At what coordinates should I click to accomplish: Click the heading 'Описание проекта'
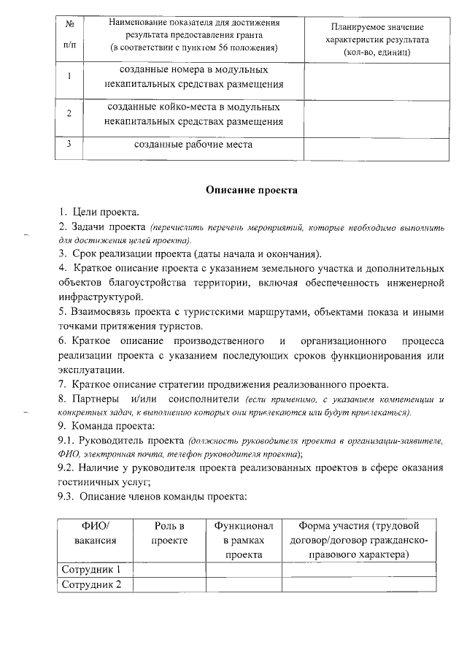(251, 190)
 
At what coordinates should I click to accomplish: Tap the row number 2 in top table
(69, 114)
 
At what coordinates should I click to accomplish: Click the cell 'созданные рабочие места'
(193, 145)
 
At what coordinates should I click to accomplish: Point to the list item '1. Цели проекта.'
(99, 213)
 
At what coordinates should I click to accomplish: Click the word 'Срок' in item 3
(85, 254)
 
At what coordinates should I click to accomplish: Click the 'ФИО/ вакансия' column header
(95, 540)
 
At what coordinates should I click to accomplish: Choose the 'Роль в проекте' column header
(169, 532)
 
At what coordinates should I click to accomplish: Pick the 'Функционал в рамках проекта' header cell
(243, 540)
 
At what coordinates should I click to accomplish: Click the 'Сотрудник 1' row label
(91, 570)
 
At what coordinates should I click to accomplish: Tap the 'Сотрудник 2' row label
(91, 584)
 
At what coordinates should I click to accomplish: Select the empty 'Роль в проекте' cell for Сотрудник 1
(169, 570)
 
